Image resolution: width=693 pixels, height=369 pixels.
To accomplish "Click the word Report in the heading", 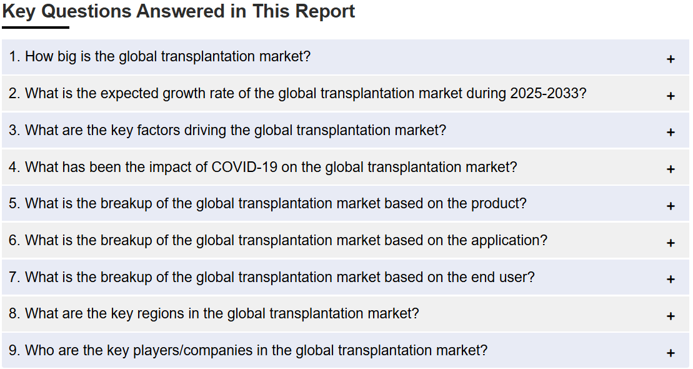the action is [325, 12].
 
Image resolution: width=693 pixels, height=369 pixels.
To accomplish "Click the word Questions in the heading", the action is [86, 11].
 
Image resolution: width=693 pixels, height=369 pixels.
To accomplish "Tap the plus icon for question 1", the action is [671, 59].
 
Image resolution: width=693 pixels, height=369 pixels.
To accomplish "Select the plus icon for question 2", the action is [671, 96].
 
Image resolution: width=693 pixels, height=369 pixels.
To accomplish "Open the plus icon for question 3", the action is [671, 133].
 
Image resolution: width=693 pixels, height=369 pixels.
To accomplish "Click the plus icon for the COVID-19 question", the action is [671, 169].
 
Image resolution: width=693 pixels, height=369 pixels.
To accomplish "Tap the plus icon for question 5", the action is [671, 206].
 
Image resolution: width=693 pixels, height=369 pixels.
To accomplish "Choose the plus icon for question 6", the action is [671, 243].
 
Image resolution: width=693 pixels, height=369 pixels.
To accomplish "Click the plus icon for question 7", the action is [671, 279].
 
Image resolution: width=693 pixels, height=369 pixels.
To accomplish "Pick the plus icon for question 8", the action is [671, 316].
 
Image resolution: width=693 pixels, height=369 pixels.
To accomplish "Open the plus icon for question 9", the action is [671, 353].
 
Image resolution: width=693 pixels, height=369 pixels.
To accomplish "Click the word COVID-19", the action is [244, 167].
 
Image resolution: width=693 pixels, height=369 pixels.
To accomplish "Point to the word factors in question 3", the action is [158, 130].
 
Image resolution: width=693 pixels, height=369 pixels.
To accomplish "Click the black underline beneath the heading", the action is [36, 28].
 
